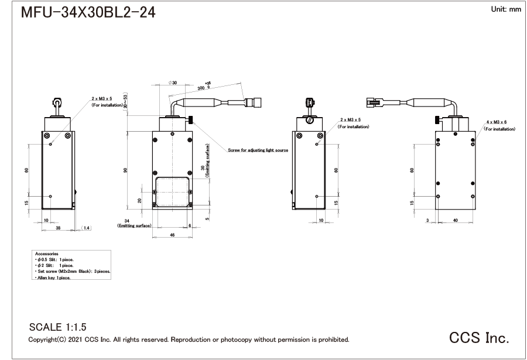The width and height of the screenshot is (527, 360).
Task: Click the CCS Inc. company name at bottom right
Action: [x=479, y=338]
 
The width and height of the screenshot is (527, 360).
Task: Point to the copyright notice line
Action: [x=189, y=340]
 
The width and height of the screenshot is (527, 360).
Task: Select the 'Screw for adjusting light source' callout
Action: [x=258, y=150]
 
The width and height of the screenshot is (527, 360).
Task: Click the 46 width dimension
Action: [x=172, y=235]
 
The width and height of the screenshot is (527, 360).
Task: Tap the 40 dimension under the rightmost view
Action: [x=456, y=220]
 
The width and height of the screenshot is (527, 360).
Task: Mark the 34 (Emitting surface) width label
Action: [x=134, y=222]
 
